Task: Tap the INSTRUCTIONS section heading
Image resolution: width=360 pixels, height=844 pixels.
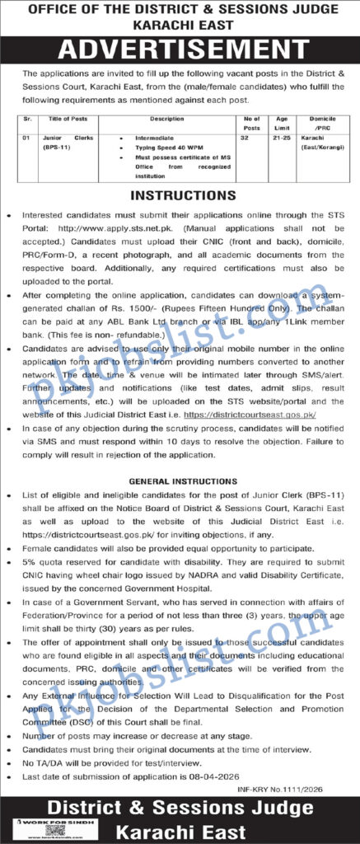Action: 180,196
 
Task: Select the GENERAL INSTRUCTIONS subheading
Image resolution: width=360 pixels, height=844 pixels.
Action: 180,480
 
